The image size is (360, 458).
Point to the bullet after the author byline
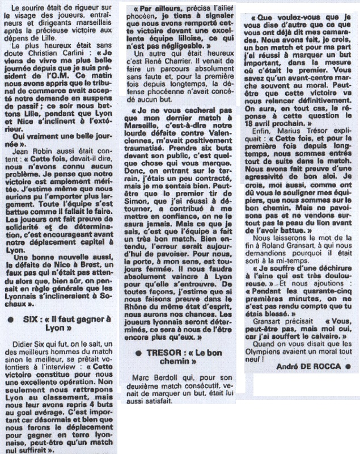coord(348,365)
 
